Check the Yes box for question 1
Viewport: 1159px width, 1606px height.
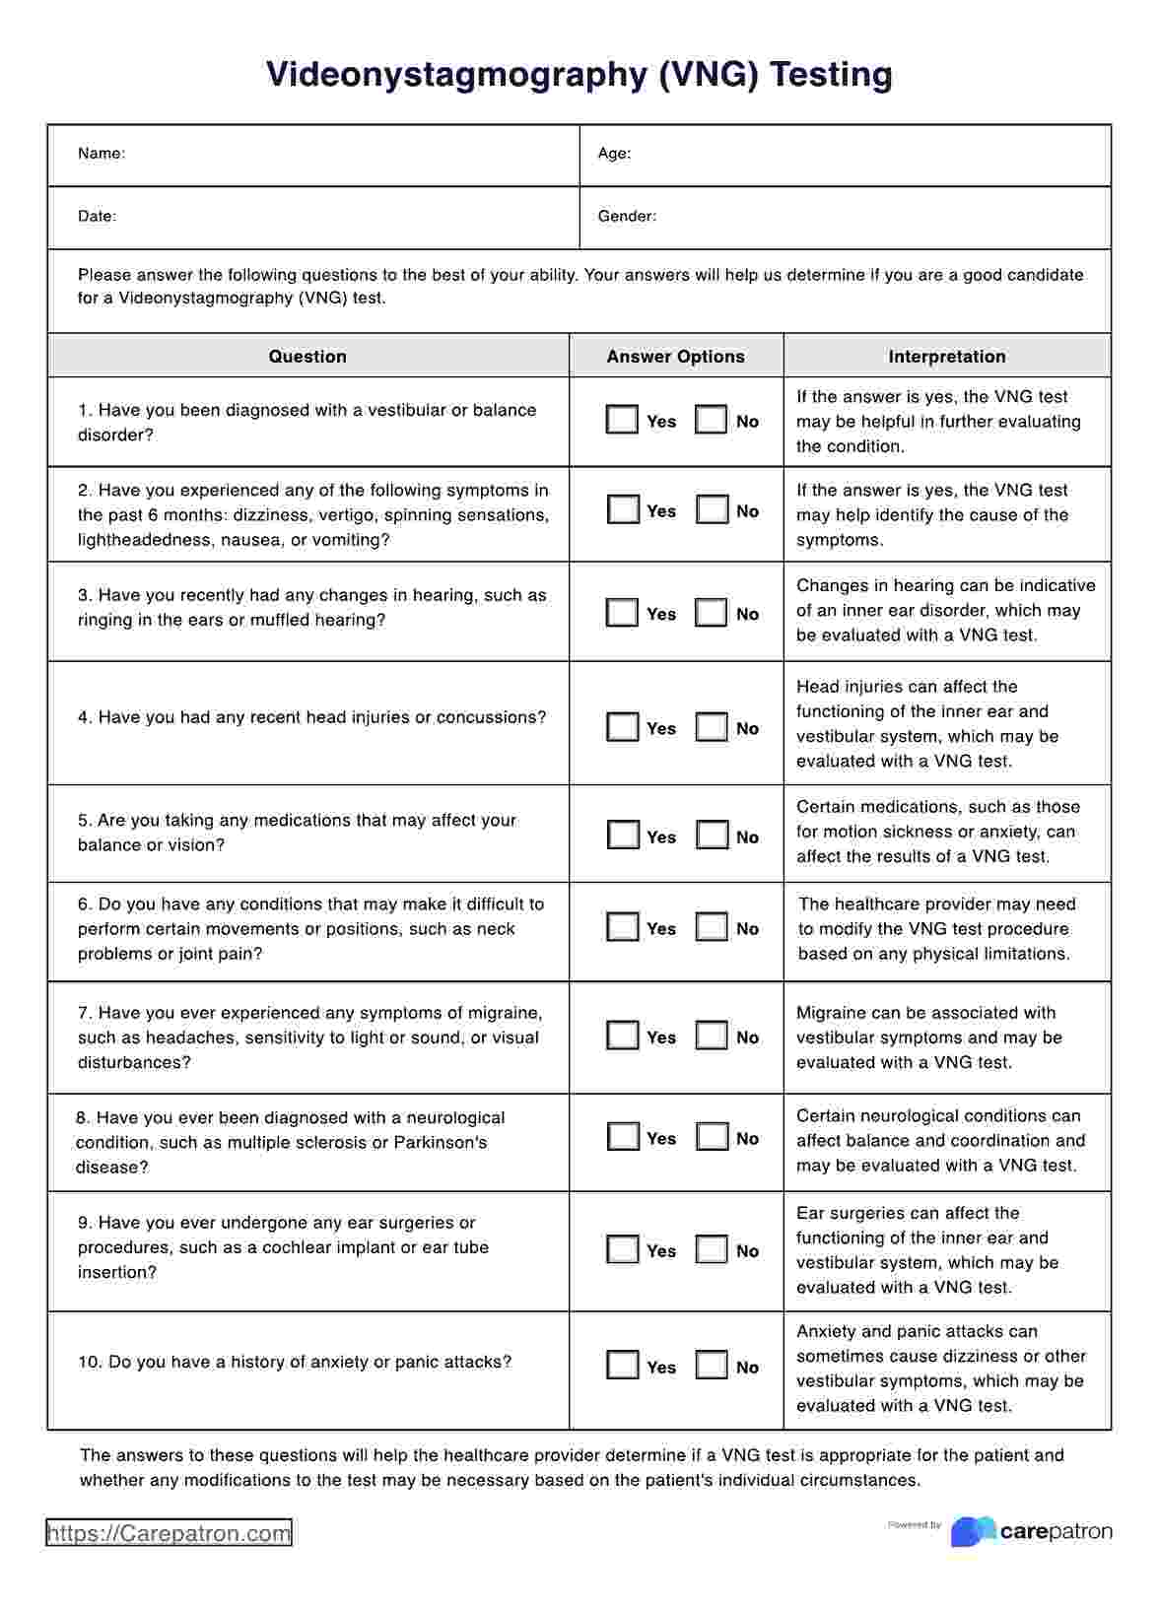(x=622, y=421)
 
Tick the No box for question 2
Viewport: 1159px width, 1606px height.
(x=712, y=509)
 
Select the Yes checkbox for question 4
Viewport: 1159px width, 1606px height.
(x=622, y=727)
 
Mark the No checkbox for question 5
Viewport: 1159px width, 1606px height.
(x=712, y=836)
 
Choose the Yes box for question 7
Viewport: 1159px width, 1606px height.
(x=622, y=1036)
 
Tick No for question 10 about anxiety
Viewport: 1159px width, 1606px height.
(x=712, y=1366)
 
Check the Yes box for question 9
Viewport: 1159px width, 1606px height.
(x=622, y=1249)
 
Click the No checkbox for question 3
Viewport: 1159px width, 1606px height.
(x=712, y=613)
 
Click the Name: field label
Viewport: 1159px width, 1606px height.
(x=102, y=154)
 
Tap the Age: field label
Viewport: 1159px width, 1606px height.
(x=614, y=154)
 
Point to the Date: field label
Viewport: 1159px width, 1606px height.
(x=97, y=216)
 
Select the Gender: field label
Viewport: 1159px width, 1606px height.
(x=627, y=216)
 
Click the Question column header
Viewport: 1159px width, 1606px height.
(x=307, y=357)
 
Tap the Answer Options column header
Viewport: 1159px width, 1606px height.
(x=676, y=357)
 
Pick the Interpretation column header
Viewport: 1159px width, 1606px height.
(x=947, y=357)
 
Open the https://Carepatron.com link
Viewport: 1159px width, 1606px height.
(x=169, y=1533)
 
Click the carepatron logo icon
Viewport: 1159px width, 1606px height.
(x=972, y=1531)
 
